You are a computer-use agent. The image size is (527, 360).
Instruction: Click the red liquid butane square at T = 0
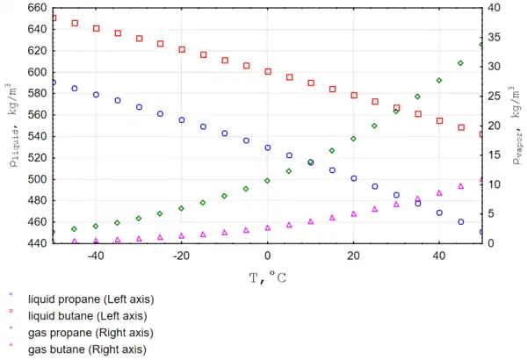268,71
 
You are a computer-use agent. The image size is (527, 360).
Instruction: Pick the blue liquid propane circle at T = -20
182,120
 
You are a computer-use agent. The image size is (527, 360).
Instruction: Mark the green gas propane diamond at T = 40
439,80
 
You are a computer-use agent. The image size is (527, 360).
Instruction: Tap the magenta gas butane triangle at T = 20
354,213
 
